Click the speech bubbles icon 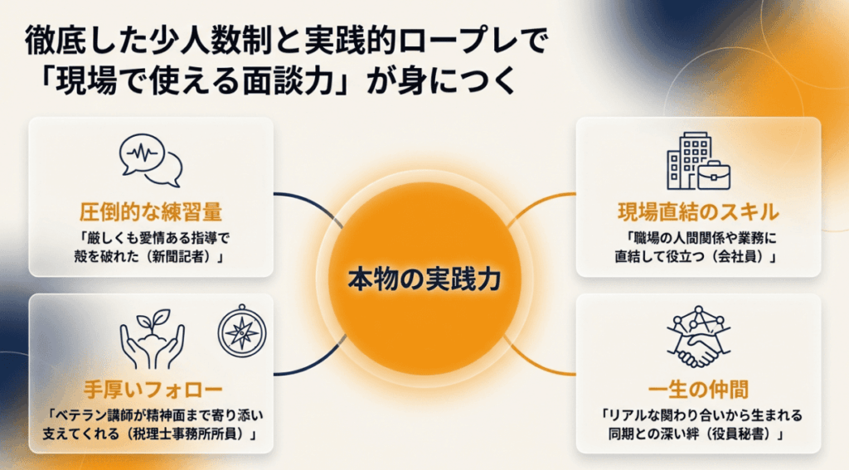[151, 160]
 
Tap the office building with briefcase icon [698, 161]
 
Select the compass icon [242, 331]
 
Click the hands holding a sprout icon [153, 338]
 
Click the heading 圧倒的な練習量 [151, 211]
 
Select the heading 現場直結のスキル [698, 211]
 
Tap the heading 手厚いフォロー [153, 390]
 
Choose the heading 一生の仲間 [698, 390]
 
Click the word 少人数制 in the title [194, 43]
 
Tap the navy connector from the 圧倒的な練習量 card [313, 204]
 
